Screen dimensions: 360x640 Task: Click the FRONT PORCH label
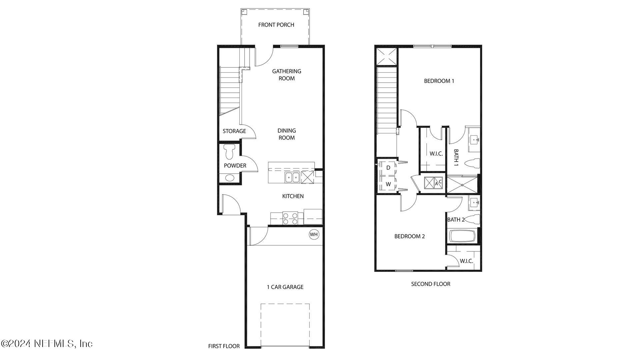276,25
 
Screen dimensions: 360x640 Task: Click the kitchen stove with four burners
290,218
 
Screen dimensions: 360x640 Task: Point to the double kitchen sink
292,178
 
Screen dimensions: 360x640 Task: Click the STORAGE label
234,131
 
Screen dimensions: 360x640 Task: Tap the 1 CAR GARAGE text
285,287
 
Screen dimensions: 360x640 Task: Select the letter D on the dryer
388,168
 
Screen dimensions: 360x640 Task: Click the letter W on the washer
388,184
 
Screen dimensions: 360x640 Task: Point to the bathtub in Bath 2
462,236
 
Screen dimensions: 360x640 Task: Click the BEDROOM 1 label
439,81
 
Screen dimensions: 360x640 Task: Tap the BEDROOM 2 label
409,236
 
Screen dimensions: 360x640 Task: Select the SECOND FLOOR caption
430,284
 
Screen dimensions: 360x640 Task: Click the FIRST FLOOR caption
224,346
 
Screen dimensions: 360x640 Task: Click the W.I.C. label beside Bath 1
436,154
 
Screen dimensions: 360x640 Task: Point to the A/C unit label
438,182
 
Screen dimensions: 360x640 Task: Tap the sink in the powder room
230,178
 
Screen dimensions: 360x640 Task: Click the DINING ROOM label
286,134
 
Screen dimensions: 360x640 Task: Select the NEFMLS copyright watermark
47,343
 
